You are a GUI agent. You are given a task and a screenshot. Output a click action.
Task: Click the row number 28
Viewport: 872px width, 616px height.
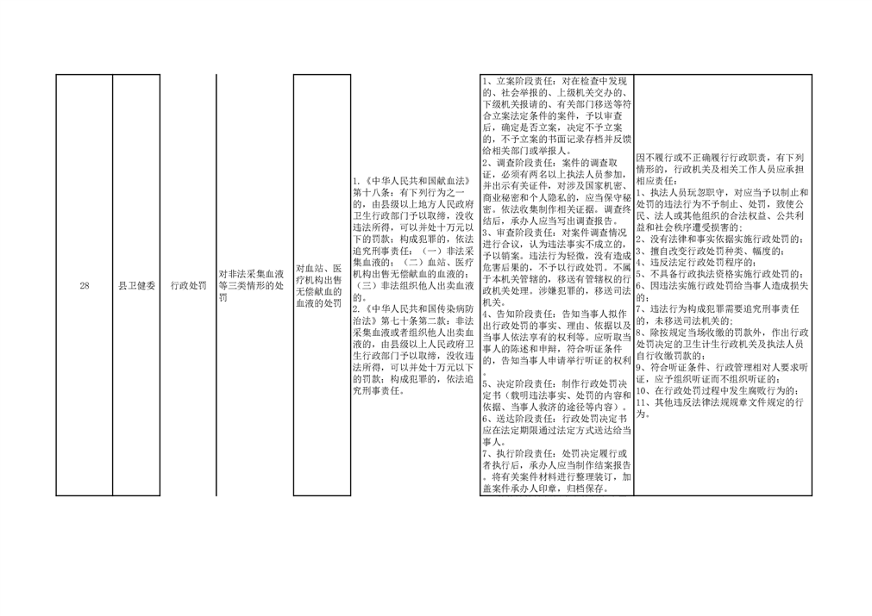click(84, 286)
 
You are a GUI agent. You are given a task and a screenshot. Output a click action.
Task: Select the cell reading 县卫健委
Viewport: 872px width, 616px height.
click(136, 286)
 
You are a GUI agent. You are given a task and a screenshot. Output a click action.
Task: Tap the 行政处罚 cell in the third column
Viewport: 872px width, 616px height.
click(189, 286)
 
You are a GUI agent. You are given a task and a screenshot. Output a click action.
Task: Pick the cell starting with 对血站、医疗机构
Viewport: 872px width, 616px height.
click(319, 286)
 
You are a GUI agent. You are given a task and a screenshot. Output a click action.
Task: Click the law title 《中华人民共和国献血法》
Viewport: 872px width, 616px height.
click(412, 181)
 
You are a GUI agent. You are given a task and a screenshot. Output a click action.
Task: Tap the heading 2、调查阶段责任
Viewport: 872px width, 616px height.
click(518, 164)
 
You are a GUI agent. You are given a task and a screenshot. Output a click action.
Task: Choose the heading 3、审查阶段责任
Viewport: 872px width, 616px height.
click(518, 233)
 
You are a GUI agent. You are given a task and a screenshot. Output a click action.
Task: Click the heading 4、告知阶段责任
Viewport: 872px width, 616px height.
click(518, 314)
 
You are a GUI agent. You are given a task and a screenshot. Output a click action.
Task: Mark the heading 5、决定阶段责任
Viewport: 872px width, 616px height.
click(518, 384)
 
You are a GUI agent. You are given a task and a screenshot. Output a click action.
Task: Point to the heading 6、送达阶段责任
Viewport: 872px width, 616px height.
click(518, 419)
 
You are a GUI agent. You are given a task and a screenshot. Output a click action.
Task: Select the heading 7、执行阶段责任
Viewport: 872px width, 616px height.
click(518, 454)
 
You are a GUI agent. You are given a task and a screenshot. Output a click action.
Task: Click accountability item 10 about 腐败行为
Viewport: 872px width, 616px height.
click(719, 390)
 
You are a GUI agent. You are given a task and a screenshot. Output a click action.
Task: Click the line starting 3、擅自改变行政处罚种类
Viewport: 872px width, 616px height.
click(710, 251)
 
